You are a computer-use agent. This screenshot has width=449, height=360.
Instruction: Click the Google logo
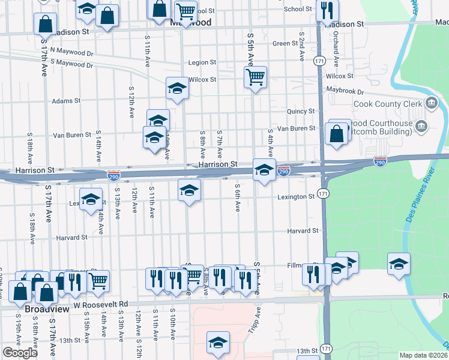point(20,353)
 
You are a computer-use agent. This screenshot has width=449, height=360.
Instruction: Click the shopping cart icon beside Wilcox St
point(256,77)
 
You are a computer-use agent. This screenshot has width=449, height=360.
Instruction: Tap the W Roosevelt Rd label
point(101,304)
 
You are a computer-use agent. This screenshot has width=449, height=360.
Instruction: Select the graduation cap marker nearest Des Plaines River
point(399,263)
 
